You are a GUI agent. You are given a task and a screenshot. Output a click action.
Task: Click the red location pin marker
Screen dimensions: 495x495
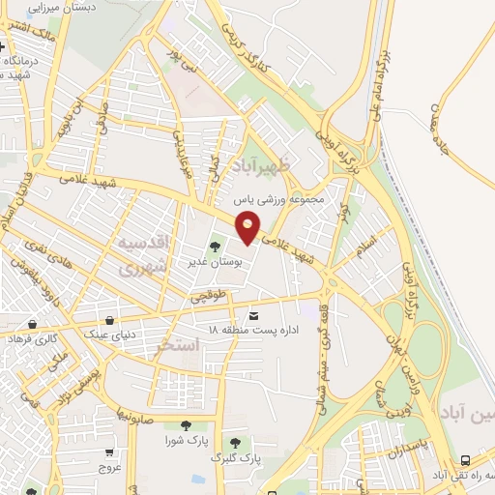[x=248, y=228]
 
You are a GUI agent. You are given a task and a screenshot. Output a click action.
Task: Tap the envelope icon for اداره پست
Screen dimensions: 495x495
[x=254, y=316]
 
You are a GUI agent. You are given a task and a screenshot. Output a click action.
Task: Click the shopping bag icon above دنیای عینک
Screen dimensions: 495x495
[x=110, y=320]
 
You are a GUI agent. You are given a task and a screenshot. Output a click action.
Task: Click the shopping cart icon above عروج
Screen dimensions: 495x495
[x=109, y=451]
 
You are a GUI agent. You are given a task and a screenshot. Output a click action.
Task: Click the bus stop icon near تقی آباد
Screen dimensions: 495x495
[x=467, y=460]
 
